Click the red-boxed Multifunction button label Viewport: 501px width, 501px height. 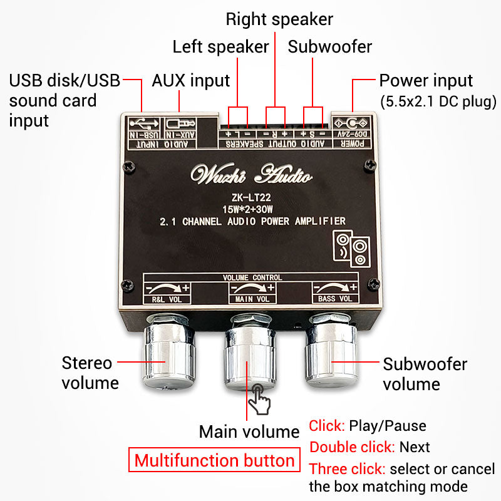click(214, 461)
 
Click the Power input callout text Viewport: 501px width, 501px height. click(426, 81)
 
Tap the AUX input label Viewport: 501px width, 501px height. click(191, 81)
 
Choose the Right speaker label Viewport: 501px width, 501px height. click(279, 19)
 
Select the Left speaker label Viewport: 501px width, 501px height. click(220, 47)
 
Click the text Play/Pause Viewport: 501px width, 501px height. click(388, 426)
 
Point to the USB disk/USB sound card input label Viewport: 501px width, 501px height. click(63, 100)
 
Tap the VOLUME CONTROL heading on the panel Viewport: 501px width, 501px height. click(252, 277)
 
